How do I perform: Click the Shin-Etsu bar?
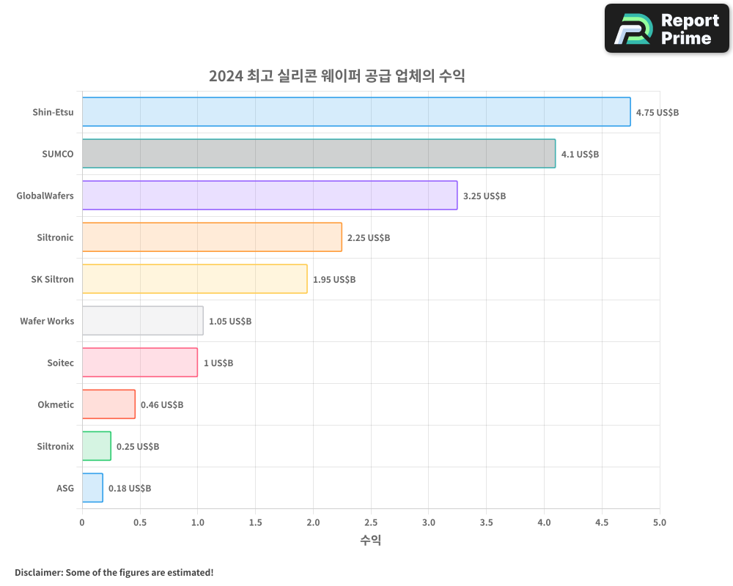(356, 112)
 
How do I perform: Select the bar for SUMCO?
(319, 154)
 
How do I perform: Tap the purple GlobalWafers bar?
(270, 196)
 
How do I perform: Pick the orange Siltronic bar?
(212, 237)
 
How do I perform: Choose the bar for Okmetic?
(108, 404)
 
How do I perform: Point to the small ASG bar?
(92, 488)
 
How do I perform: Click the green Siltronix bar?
(97, 446)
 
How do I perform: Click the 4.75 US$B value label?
(658, 113)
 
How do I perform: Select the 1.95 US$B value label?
(334, 280)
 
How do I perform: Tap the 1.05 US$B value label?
(230, 322)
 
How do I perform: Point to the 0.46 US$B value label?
(162, 405)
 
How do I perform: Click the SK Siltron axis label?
(52, 279)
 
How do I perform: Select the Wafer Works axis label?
(47, 321)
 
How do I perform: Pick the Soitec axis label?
(60, 363)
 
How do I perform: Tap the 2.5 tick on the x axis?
(371, 523)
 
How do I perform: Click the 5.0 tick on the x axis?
(660, 523)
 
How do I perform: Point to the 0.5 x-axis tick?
(140, 523)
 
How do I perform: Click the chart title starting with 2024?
(337, 75)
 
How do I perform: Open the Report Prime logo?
(667, 29)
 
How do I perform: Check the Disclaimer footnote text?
(114, 572)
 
